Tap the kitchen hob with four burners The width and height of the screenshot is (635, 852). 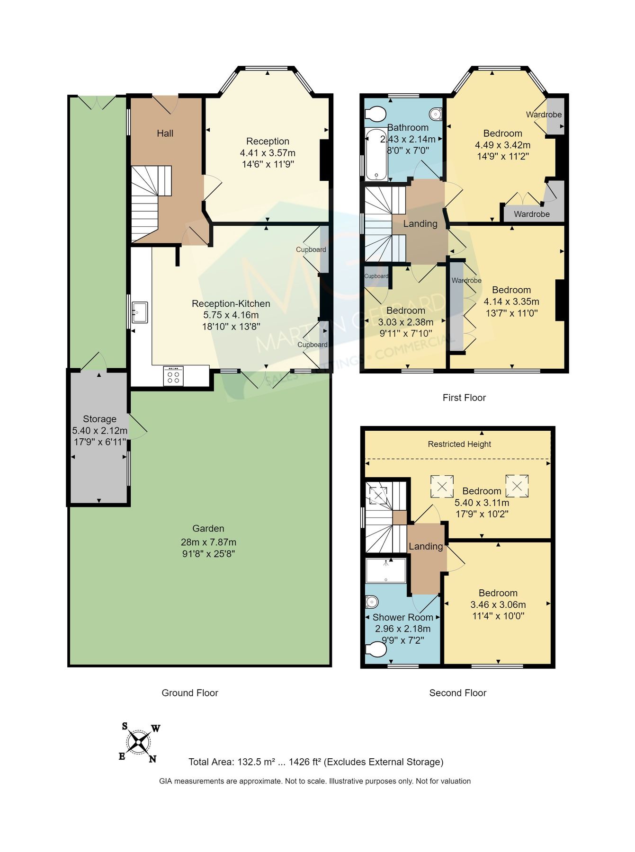(173, 377)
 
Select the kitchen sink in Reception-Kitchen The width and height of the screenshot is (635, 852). (140, 312)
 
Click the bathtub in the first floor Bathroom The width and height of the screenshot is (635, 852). (376, 154)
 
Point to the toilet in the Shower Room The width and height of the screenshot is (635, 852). (377, 649)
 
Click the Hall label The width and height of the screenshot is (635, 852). (165, 133)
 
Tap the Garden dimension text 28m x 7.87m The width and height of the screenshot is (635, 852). (208, 542)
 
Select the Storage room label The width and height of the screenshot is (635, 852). (99, 419)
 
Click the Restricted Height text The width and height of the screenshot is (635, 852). (459, 444)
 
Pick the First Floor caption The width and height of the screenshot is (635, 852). (464, 398)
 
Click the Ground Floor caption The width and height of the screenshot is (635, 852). (190, 693)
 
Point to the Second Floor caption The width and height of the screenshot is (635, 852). (457, 693)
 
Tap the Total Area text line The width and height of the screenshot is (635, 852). (316, 762)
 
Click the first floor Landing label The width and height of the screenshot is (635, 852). (420, 223)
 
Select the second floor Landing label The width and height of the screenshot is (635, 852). (426, 546)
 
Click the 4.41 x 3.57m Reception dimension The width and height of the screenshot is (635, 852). (268, 153)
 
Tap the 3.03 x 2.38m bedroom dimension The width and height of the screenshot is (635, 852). (406, 322)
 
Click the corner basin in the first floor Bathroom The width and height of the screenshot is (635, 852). (436, 114)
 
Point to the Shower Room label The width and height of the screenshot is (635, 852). (402, 617)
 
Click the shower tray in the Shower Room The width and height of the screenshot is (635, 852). (386, 570)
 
